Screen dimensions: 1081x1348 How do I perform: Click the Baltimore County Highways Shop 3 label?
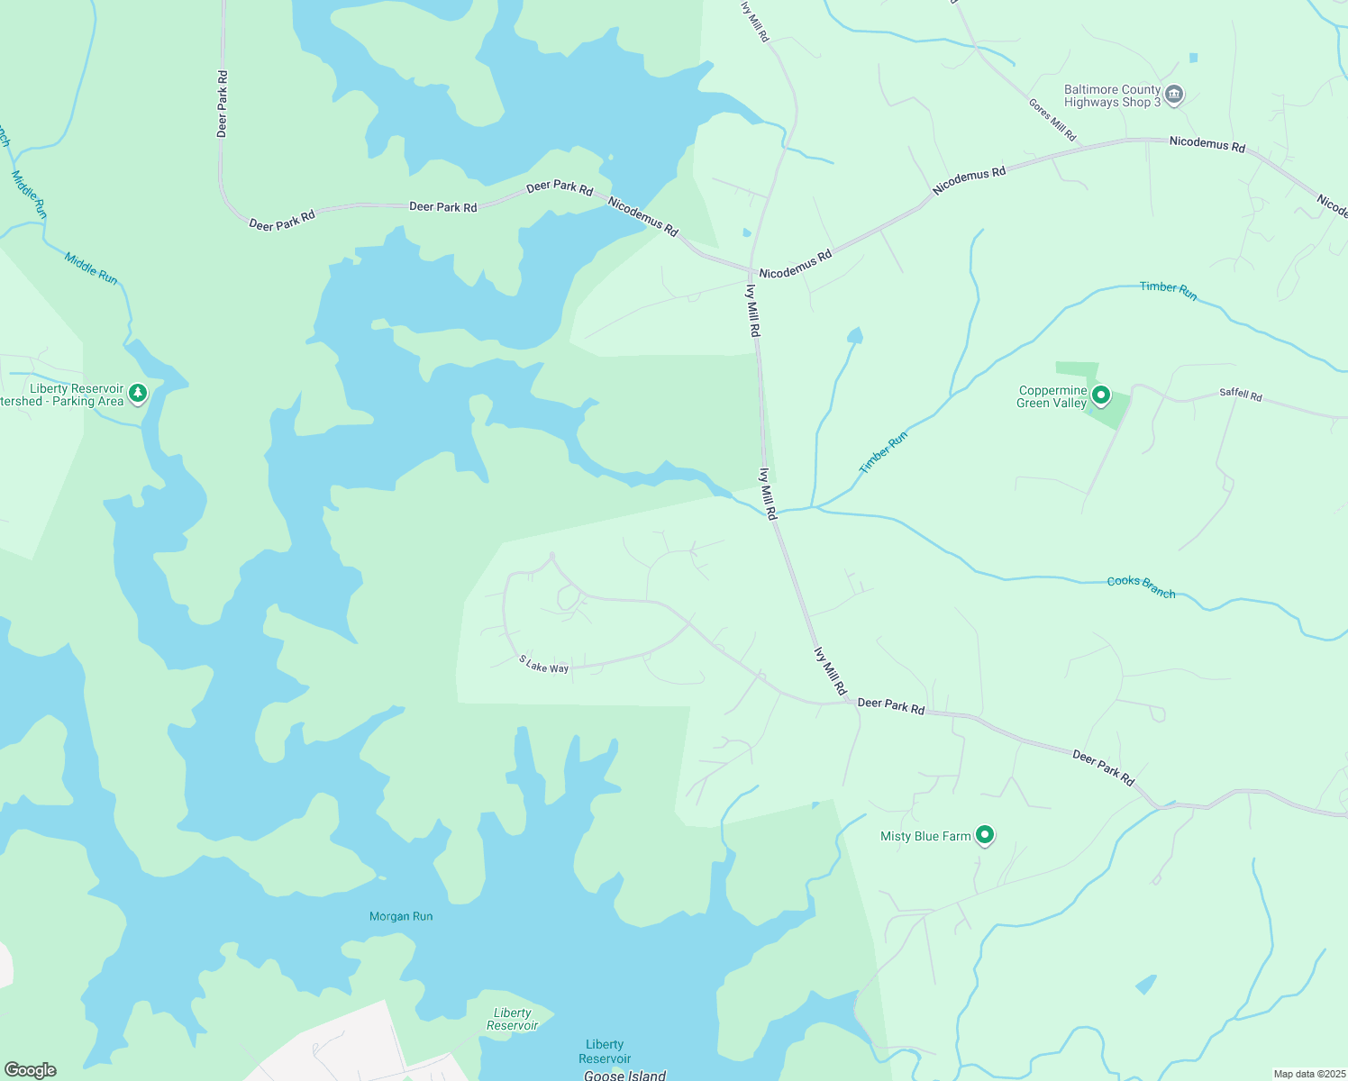pyautogui.click(x=1112, y=95)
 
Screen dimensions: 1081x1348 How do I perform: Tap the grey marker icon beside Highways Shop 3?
pyautogui.click(x=1173, y=95)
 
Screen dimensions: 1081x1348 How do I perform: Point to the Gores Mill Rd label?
pyautogui.click(x=1052, y=120)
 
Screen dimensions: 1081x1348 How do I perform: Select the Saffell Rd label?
pyautogui.click(x=1241, y=395)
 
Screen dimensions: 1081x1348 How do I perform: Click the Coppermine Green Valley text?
pyautogui.click(x=1052, y=397)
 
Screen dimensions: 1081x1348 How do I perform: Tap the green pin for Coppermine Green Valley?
pyautogui.click(x=1100, y=395)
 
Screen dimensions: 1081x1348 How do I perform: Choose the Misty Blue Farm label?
pyautogui.click(x=925, y=836)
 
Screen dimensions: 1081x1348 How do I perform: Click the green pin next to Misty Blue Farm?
pyautogui.click(x=985, y=835)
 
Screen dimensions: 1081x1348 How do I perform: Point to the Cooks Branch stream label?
pyautogui.click(x=1141, y=586)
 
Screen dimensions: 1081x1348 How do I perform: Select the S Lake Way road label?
pyautogui.click(x=543, y=665)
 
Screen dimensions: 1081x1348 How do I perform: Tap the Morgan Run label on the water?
pyautogui.click(x=401, y=916)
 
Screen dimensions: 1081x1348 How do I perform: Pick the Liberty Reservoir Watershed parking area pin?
pyautogui.click(x=138, y=393)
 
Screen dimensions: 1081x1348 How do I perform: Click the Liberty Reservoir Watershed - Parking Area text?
pyautogui.click(x=63, y=395)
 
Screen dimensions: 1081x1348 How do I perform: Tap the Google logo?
pyautogui.click(x=30, y=1070)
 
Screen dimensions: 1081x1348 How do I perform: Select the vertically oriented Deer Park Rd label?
pyautogui.click(x=223, y=104)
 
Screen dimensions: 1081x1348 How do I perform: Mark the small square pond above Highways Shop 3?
pyautogui.click(x=1194, y=58)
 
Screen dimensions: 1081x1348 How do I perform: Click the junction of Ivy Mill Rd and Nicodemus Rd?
pyautogui.click(x=751, y=269)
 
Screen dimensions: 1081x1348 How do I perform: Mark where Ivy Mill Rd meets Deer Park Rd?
pyautogui.click(x=849, y=702)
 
